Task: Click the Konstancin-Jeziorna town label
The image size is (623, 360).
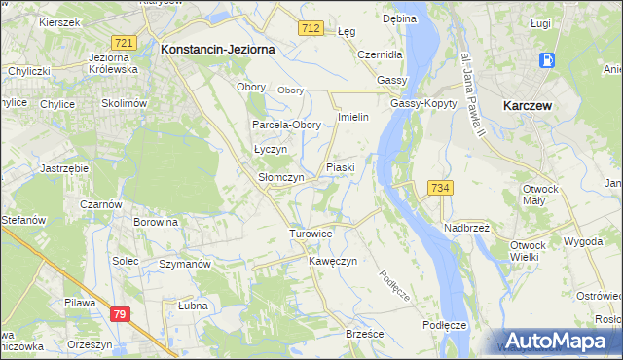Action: pos(218,48)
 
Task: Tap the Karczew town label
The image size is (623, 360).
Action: pos(528,104)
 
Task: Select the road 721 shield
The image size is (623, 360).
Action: pos(124,43)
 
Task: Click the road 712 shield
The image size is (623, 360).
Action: pos(311,30)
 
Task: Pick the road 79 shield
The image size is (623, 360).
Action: pos(120,314)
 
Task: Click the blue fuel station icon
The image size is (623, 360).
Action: pos(547,60)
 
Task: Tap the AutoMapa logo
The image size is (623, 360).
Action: pos(558,341)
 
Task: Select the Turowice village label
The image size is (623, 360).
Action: pos(311,234)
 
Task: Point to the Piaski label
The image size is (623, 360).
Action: pos(340,167)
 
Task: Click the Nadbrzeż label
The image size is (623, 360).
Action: pos(467,227)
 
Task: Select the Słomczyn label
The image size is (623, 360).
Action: pos(281,178)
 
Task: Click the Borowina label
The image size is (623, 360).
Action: pos(156,222)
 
